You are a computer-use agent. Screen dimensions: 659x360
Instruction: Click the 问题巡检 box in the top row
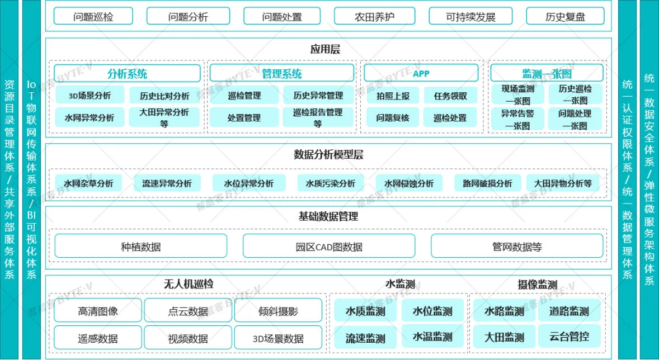93,16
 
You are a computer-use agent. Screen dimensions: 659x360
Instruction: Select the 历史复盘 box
565,16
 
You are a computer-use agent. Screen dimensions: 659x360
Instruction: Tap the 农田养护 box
374,16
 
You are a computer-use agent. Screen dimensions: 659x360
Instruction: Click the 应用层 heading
325,50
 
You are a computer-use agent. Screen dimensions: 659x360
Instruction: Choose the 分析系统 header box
127,74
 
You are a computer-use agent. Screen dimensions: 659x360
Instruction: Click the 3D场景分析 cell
90,95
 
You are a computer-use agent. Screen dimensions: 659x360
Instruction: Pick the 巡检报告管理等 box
318,117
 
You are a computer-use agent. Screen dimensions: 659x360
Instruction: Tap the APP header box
421,74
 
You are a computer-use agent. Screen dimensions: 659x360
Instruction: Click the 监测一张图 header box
547,74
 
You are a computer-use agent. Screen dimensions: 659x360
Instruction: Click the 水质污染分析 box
331,183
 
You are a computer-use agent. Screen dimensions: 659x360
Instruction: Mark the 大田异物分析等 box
563,183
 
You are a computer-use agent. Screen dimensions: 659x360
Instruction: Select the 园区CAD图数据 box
328,246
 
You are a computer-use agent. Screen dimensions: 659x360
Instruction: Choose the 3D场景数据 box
278,338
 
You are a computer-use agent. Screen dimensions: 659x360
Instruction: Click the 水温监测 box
432,337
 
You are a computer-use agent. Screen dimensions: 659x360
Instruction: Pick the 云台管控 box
569,336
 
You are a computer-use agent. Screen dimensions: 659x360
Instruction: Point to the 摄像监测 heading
538,285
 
